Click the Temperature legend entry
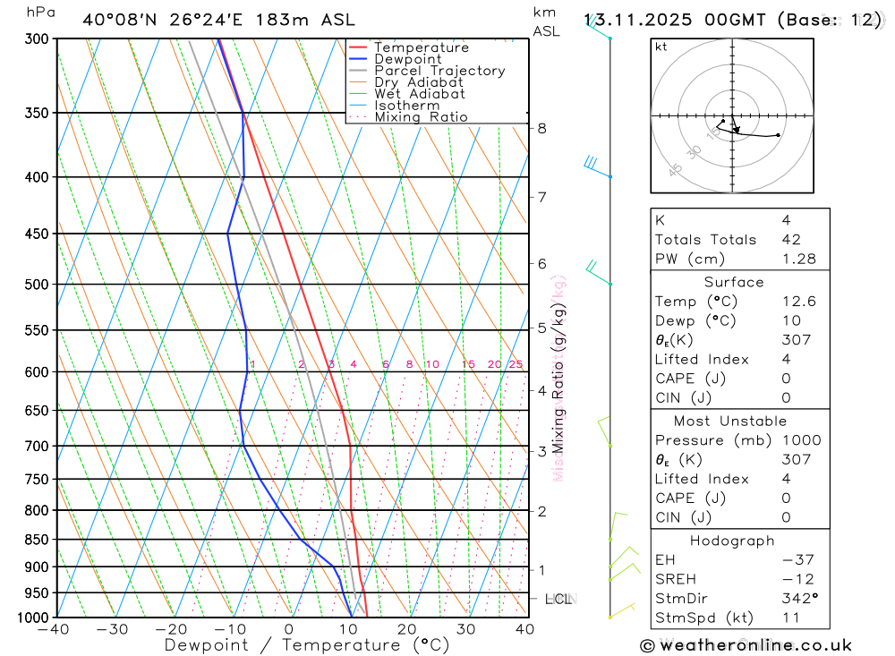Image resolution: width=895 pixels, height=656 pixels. pos(421,47)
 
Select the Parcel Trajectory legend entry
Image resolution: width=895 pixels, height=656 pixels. pos(439,71)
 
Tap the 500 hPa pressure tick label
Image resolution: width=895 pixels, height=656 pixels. pos(36,285)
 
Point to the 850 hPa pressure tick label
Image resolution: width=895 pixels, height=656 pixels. pos(36,540)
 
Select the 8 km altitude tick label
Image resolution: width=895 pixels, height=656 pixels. pos(541,128)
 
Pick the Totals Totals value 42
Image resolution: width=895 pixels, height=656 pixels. pos(791,239)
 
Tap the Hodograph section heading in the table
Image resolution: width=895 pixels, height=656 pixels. pos(733,541)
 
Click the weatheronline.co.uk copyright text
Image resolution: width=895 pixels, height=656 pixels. pos(746,645)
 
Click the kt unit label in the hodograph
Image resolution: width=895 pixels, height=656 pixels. pos(661,47)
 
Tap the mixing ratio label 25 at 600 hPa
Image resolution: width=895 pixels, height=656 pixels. pos(516,364)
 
